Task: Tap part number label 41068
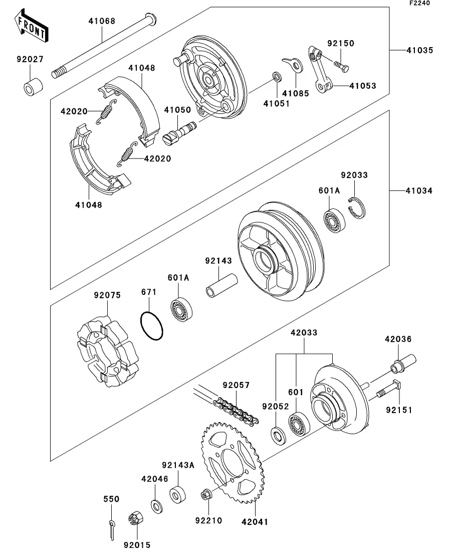point(102,21)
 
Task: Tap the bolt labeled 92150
point(342,65)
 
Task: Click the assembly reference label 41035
point(419,51)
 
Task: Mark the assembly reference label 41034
point(419,191)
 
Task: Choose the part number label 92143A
point(177,465)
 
